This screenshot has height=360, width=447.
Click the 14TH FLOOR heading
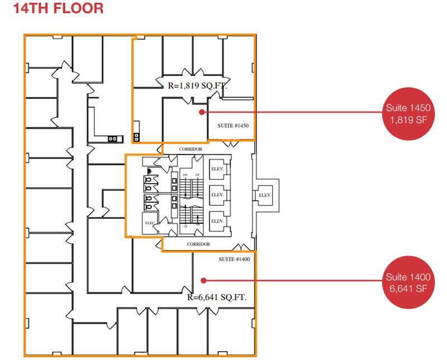pos(58,8)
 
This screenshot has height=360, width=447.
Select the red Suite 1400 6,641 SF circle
pos(408,282)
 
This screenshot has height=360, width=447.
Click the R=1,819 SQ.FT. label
pos(197,86)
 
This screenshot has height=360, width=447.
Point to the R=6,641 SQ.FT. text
pos(217,297)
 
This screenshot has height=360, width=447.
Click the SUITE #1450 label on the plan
pos(232,126)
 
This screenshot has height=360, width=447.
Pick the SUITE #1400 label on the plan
pos(234,259)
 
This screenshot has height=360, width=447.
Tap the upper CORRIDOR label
pos(191,150)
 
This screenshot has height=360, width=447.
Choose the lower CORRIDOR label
pos(198,244)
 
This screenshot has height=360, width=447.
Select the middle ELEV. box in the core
pos(217,195)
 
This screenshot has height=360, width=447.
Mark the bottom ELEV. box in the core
pos(217,221)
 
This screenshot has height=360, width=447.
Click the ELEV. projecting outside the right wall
pos(264,195)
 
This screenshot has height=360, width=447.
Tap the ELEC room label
pos(149,223)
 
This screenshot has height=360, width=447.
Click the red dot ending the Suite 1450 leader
pos(202,112)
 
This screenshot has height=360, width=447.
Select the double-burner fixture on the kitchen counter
pos(113,138)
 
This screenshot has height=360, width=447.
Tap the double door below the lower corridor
pos(242,247)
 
